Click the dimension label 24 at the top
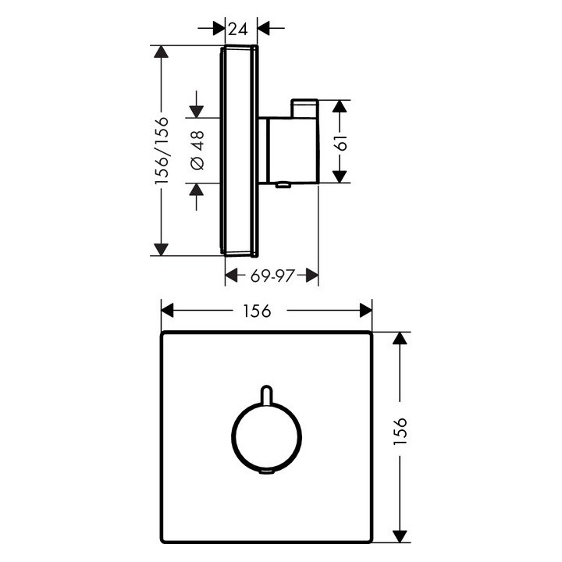238,29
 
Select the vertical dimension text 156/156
162,151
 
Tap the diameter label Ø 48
196,151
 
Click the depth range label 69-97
271,275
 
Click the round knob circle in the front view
266,438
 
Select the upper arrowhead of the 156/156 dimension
162,52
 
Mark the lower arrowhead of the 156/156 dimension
162,249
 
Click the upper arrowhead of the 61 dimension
340,106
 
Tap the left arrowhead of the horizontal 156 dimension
167,311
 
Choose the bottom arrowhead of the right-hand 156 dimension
400,535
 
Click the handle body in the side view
290,148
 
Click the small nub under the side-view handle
283,186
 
